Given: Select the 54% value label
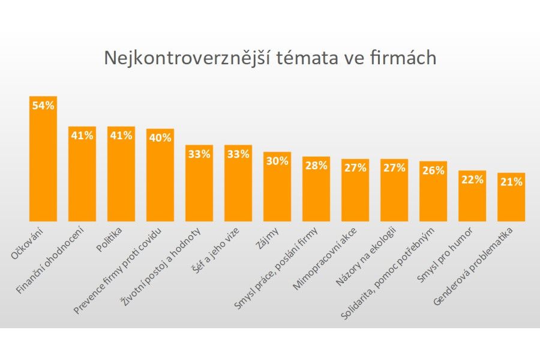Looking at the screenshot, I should point(43,106).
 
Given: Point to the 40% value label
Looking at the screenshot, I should point(160,137).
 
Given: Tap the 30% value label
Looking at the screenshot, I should point(277,161).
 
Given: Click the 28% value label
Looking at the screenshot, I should point(316,166).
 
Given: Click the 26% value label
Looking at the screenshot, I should point(433,170).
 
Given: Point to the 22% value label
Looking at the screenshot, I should point(472,179).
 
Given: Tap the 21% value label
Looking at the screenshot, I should point(511,182).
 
